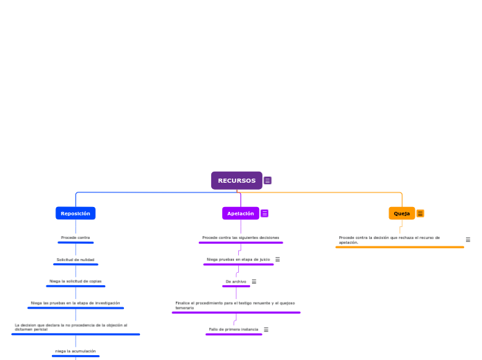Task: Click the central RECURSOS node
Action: [x=236, y=181]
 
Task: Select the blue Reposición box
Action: [x=75, y=213]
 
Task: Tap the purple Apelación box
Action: [x=240, y=213]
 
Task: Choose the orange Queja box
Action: [x=402, y=213]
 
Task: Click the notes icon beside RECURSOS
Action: [x=267, y=181]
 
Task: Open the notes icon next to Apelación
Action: [x=265, y=213]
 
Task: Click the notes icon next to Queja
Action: [x=420, y=213]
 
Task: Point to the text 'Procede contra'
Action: [x=75, y=237]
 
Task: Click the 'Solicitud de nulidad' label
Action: [x=75, y=260]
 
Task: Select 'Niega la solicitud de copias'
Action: [x=75, y=281]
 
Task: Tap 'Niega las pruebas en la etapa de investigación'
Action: [x=75, y=303]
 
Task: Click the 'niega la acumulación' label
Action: [x=75, y=351]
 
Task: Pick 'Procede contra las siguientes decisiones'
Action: [x=240, y=237]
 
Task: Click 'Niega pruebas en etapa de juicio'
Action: [x=238, y=259]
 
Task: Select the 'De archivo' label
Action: [x=235, y=281]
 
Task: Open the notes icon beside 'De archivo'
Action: [x=254, y=282]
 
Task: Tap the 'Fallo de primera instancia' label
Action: [x=233, y=329]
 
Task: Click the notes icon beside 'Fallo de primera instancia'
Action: [x=266, y=330]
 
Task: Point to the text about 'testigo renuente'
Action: [x=235, y=305]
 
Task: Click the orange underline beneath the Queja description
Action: [x=400, y=247]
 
